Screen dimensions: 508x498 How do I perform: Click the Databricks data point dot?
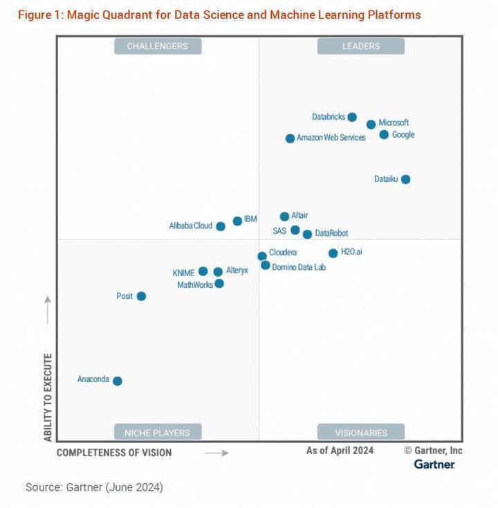pos(352,117)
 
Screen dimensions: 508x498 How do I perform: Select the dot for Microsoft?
pos(371,125)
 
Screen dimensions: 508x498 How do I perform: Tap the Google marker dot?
pos(384,134)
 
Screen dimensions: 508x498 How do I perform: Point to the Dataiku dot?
pos(406,179)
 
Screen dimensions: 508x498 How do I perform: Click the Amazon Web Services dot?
pos(290,138)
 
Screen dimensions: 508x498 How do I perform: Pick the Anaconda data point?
pos(118,381)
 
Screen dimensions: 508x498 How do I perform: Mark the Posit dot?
pos(141,296)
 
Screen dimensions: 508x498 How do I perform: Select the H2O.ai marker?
pos(333,253)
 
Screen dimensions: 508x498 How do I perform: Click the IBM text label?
pos(250,219)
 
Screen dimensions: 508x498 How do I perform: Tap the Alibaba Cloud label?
pos(191,226)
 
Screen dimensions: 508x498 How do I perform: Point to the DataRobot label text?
pos(331,234)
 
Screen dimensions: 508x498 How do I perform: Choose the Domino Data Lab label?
pos(298,266)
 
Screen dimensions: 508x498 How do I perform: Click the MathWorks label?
pos(195,284)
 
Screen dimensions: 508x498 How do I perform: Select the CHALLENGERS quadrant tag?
pos(157,46)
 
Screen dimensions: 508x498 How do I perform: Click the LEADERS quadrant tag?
pos(360,46)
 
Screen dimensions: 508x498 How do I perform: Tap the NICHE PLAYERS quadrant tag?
pos(157,433)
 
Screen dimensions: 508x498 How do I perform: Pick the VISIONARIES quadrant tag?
pos(360,433)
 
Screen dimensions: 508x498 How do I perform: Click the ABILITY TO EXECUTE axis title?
pos(48,398)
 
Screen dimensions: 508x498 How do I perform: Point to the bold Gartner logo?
pos(434,464)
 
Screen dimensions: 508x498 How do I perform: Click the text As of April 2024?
pos(340,451)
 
